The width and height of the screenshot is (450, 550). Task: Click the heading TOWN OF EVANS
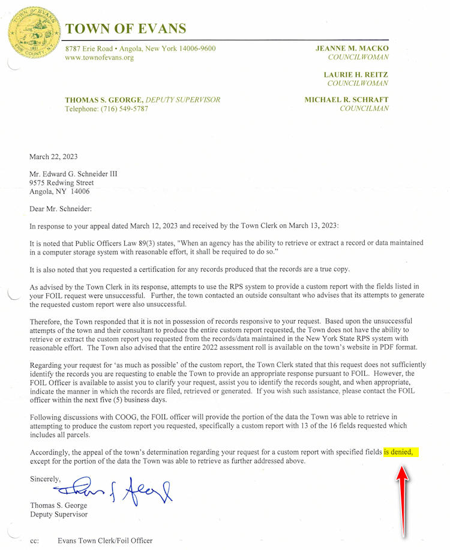click(126, 29)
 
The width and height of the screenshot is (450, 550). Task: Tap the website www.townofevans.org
click(99, 58)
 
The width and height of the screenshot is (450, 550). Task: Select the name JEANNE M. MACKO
click(352, 48)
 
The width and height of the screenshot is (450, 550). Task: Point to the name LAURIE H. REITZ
click(356, 74)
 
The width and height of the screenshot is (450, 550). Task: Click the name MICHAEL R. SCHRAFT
click(346, 100)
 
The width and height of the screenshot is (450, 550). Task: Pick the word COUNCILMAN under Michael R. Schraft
click(364, 109)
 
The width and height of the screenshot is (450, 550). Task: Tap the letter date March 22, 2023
click(53, 157)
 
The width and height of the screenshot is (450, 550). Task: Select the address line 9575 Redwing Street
click(62, 183)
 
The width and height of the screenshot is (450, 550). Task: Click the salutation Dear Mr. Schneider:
click(61, 209)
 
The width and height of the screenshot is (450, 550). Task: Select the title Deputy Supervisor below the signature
click(59, 515)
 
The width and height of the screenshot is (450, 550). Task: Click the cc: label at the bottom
click(34, 541)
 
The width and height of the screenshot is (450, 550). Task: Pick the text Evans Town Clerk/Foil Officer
click(105, 541)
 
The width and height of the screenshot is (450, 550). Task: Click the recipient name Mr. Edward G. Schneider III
click(73, 174)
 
